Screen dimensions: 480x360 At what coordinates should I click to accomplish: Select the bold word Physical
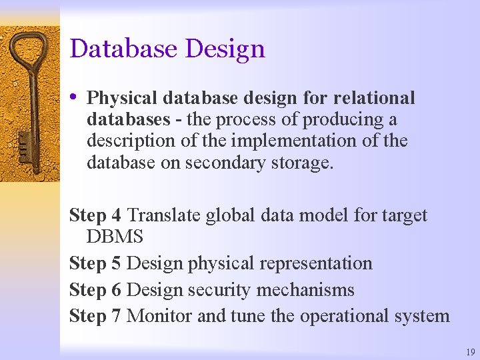121,99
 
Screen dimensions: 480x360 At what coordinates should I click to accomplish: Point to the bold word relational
374,98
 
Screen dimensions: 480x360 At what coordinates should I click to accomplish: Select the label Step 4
95,215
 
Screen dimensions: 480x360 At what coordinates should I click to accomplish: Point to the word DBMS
115,237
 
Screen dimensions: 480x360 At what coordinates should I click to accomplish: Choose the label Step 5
95,263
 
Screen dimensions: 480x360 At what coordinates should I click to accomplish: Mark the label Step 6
95,290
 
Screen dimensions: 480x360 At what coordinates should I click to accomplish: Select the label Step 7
95,315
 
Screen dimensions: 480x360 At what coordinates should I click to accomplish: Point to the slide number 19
471,351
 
